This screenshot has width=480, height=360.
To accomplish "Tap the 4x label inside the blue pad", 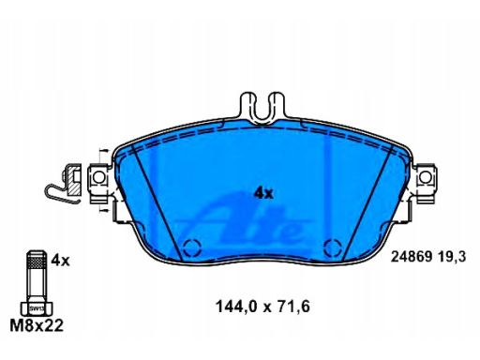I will pyautogui.click(x=263, y=193).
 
